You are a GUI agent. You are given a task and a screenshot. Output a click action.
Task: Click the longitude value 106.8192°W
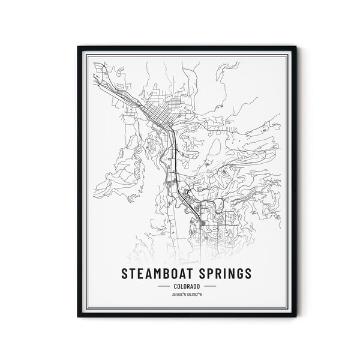coord(194,294)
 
